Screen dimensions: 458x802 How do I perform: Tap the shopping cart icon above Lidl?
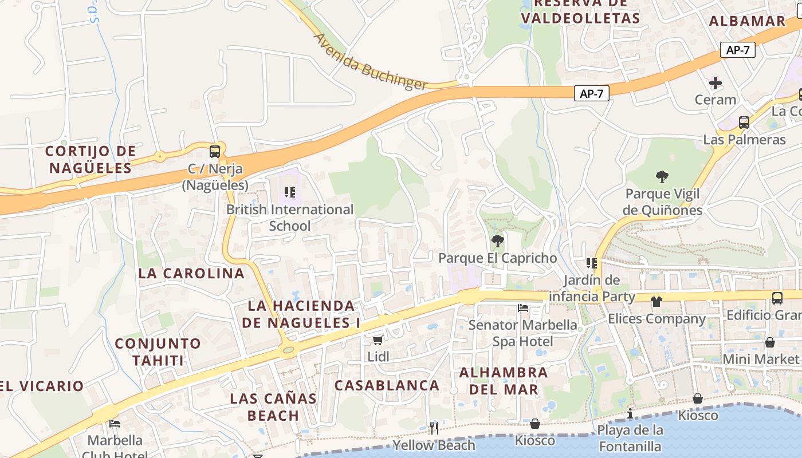click(x=378, y=341)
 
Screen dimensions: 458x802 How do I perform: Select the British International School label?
click(x=290, y=218)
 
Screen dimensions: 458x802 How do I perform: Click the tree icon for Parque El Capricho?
click(x=498, y=241)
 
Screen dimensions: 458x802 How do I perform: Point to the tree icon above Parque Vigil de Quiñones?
click(x=662, y=177)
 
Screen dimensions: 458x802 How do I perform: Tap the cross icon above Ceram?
click(x=715, y=83)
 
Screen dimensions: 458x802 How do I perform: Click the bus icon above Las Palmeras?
click(x=744, y=122)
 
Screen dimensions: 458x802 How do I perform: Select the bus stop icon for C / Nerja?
click(x=215, y=152)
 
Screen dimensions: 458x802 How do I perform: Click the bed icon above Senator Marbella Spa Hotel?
click(x=523, y=308)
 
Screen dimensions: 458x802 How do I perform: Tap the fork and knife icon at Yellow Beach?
click(x=434, y=428)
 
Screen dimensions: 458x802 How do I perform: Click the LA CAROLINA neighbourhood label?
click(x=191, y=273)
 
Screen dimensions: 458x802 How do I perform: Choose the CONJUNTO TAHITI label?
click(x=158, y=352)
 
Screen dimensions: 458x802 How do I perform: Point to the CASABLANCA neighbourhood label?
click(x=387, y=385)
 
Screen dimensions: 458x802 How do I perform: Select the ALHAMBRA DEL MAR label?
click(x=504, y=381)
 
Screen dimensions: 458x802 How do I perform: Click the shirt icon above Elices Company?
click(x=656, y=301)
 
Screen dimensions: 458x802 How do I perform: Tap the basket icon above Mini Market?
click(x=770, y=342)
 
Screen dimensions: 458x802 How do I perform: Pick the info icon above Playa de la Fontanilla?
click(x=630, y=413)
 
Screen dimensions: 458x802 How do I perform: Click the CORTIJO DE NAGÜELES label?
click(x=91, y=159)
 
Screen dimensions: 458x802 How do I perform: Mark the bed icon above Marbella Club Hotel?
click(x=115, y=424)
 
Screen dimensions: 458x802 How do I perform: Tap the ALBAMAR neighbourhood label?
click(x=747, y=21)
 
